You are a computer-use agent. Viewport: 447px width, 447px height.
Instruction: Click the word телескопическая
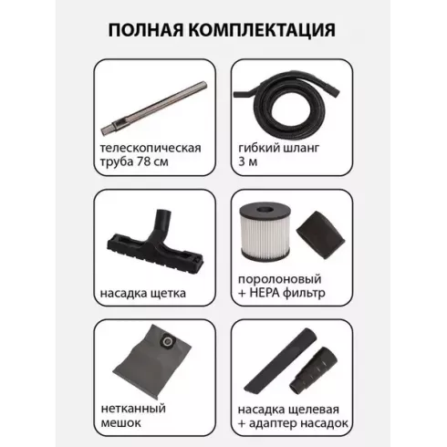[150, 149]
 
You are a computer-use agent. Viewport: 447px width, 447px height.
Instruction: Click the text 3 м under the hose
[244, 166]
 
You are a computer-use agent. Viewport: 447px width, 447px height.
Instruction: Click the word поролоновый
[279, 277]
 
